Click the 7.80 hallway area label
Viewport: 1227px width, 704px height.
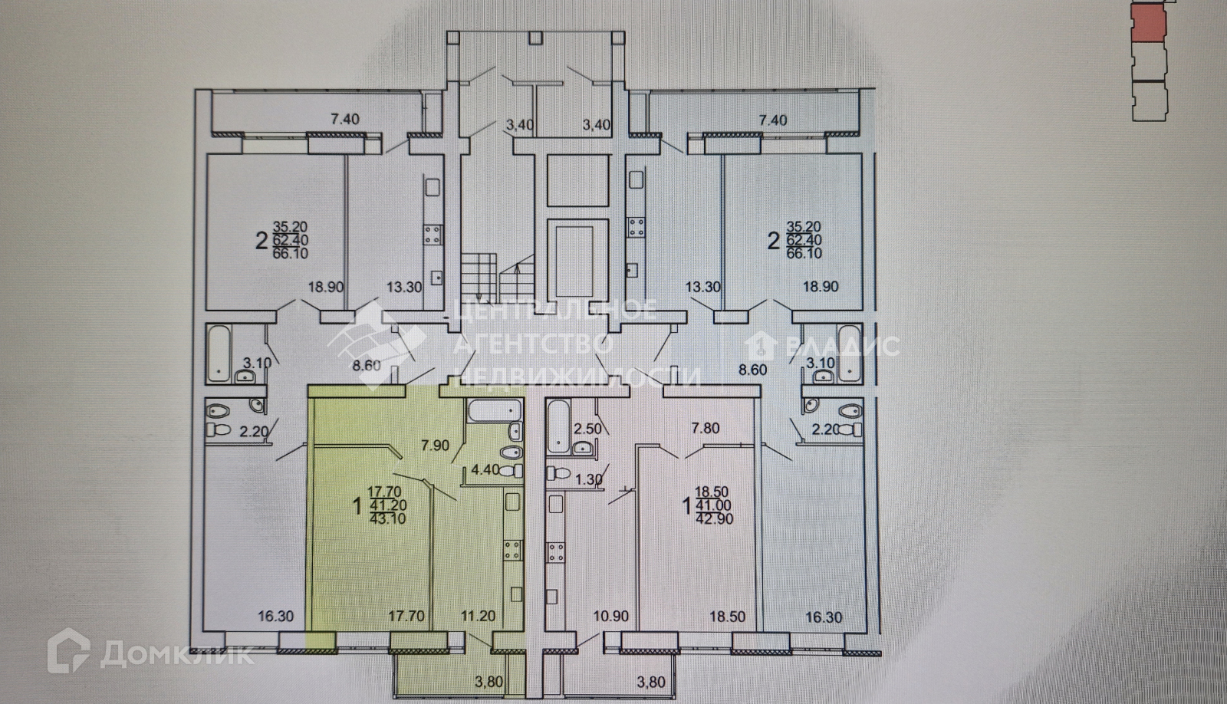(x=706, y=428)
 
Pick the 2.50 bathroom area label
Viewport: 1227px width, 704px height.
(x=587, y=429)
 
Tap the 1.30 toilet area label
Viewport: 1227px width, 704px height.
(x=587, y=481)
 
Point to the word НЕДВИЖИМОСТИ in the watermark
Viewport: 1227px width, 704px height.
(x=579, y=375)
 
